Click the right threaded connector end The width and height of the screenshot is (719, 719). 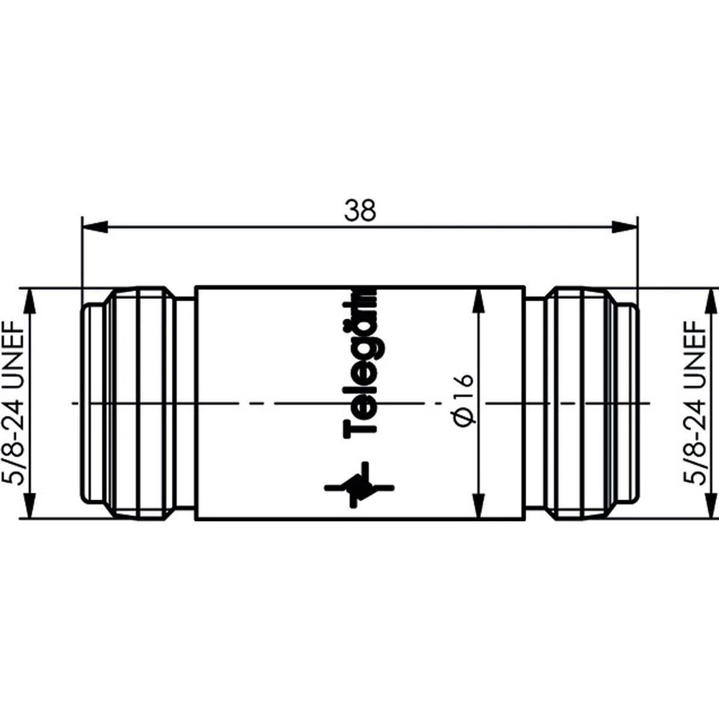pos(588,403)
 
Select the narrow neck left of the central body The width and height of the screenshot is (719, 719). pos(185,403)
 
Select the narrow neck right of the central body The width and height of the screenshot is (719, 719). pos(534,403)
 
